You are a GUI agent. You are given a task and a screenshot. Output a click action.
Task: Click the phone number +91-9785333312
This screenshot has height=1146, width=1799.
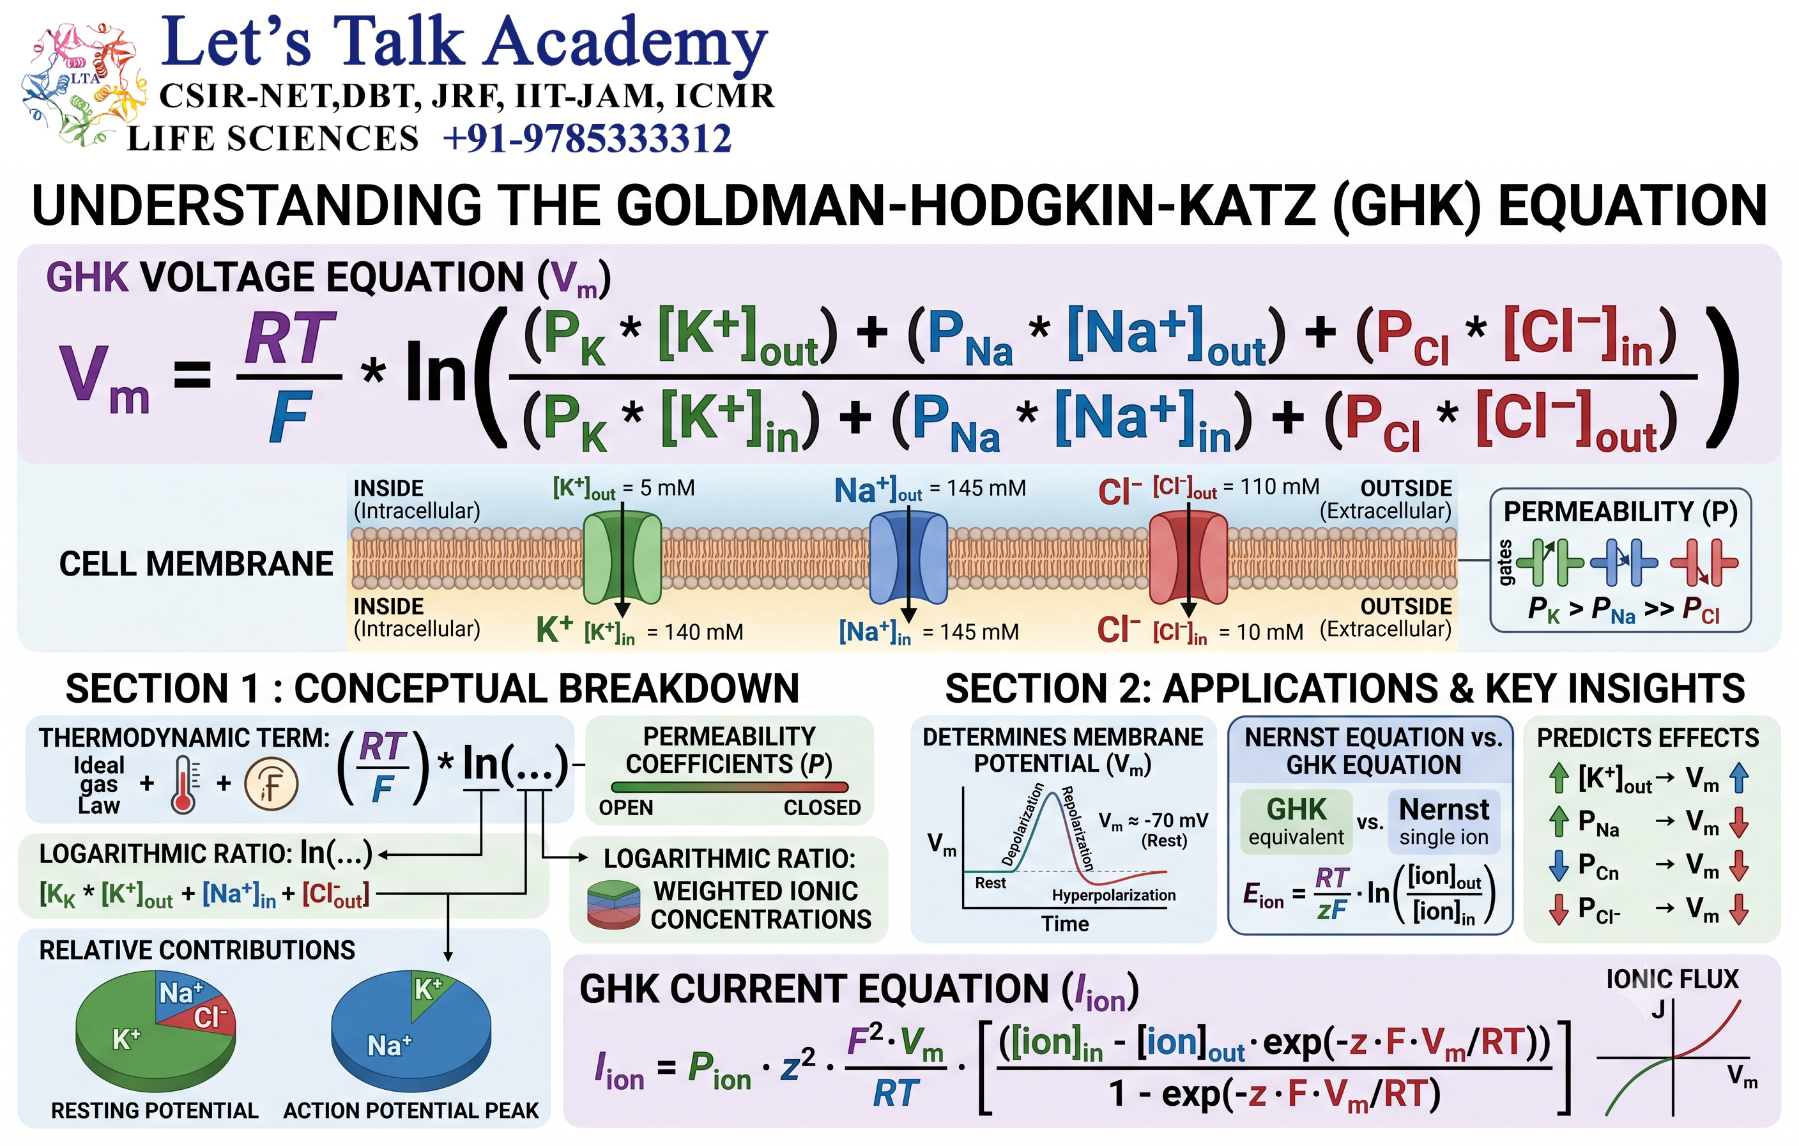[x=587, y=139]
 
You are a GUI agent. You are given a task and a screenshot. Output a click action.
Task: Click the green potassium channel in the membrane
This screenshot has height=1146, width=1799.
[x=622, y=557]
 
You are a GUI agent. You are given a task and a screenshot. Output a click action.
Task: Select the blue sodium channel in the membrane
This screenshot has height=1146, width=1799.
[x=908, y=557]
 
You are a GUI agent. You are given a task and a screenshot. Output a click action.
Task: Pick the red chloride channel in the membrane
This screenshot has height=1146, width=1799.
[x=1188, y=557]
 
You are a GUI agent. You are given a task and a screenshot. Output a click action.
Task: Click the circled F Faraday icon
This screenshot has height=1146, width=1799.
[x=272, y=784]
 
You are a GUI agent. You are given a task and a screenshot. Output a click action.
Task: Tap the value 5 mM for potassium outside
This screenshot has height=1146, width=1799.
[x=668, y=489]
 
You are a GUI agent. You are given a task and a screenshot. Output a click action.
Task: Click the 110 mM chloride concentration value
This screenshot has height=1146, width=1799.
[x=1280, y=487]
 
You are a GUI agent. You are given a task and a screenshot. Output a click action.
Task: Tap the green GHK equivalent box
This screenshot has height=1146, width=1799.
[x=1296, y=821]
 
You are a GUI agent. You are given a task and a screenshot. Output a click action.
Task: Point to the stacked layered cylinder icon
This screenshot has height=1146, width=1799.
[x=613, y=905]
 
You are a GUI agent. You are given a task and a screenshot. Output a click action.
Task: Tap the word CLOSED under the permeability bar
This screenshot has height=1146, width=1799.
[x=822, y=808]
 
